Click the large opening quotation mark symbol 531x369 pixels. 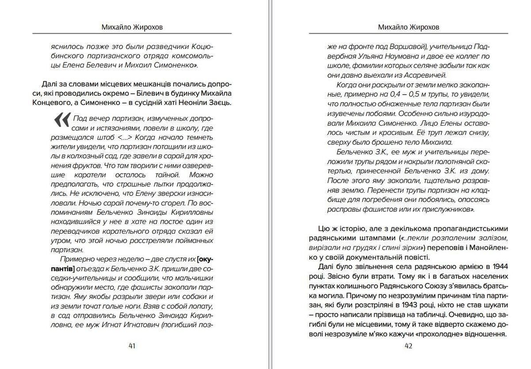(x=62, y=120)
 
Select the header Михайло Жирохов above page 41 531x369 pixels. (x=132, y=27)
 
